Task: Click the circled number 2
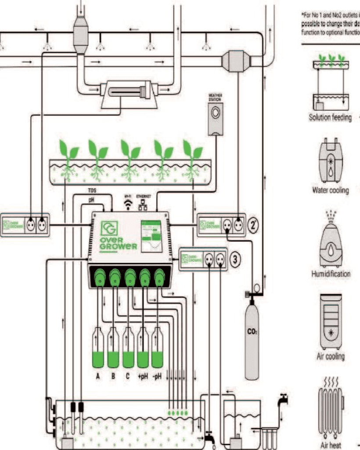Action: point(252,225)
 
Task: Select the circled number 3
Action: point(235,259)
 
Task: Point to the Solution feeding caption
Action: point(330,118)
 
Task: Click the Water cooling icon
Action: point(330,161)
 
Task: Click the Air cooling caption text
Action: point(331,356)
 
